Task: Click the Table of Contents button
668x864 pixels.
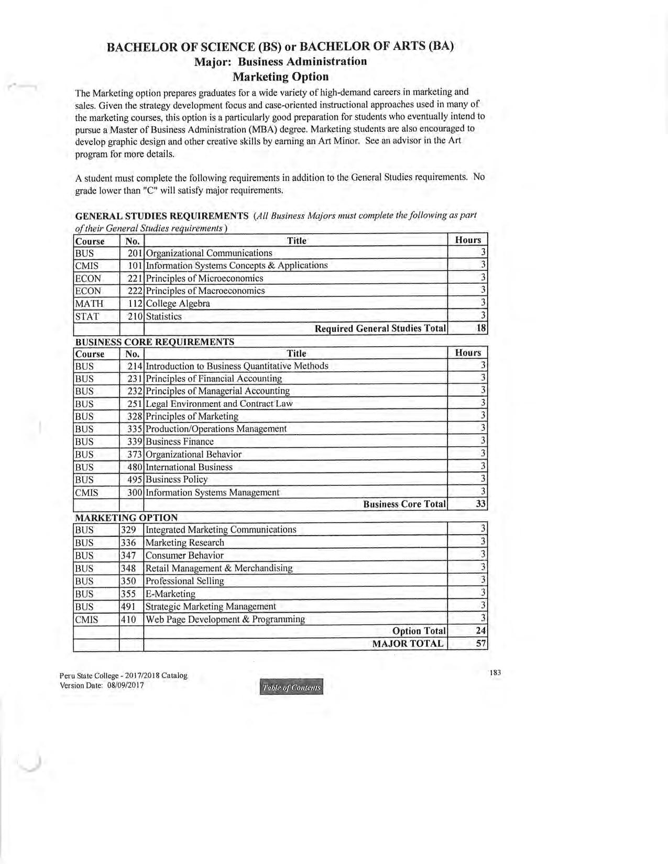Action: click(291, 687)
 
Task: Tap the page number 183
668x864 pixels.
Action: click(495, 672)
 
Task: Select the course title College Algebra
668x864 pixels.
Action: click(178, 304)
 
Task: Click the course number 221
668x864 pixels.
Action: click(135, 279)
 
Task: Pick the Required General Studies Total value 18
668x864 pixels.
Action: click(481, 328)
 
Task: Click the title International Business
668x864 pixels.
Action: click(189, 467)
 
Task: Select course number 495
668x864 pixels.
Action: click(135, 480)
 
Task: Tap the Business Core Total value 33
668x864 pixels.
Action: click(481, 504)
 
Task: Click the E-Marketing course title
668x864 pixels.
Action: click(170, 594)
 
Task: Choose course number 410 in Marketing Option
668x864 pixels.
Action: click(128, 619)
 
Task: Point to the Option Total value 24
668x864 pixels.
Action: click(481, 631)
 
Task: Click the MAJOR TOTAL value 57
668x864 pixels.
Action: click(481, 644)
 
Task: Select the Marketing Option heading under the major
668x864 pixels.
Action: click(281, 77)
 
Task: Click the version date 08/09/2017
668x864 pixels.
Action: click(125, 685)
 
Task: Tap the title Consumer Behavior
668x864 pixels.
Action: click(184, 556)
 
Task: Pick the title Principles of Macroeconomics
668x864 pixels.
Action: click(205, 291)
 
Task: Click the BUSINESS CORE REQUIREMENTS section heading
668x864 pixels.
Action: click(155, 342)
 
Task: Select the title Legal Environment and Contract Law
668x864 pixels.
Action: click(219, 404)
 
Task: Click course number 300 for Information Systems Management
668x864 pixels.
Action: click(135, 492)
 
